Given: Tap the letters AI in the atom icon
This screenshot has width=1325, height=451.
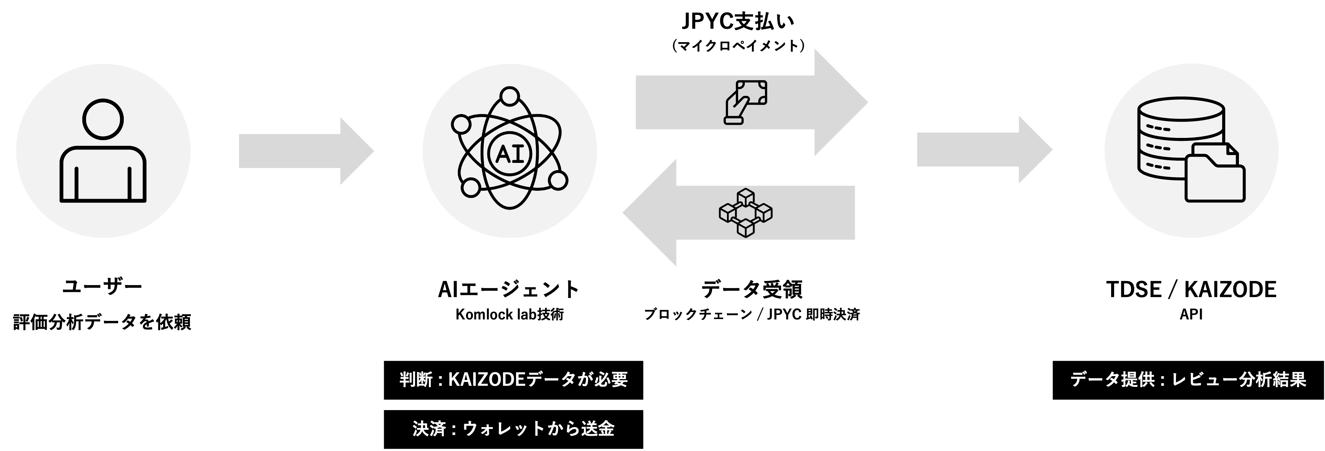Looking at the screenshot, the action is click(x=509, y=153).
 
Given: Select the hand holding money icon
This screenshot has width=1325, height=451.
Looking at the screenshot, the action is click(x=745, y=102).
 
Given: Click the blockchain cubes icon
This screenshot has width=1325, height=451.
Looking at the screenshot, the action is click(x=745, y=213).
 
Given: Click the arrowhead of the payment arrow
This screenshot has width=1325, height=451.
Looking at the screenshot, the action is click(x=838, y=102).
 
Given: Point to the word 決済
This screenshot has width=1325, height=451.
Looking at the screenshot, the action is click(x=429, y=428).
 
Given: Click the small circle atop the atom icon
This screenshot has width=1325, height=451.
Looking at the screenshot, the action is click(x=510, y=96).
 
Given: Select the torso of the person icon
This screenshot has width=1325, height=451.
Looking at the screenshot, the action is click(x=103, y=175).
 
